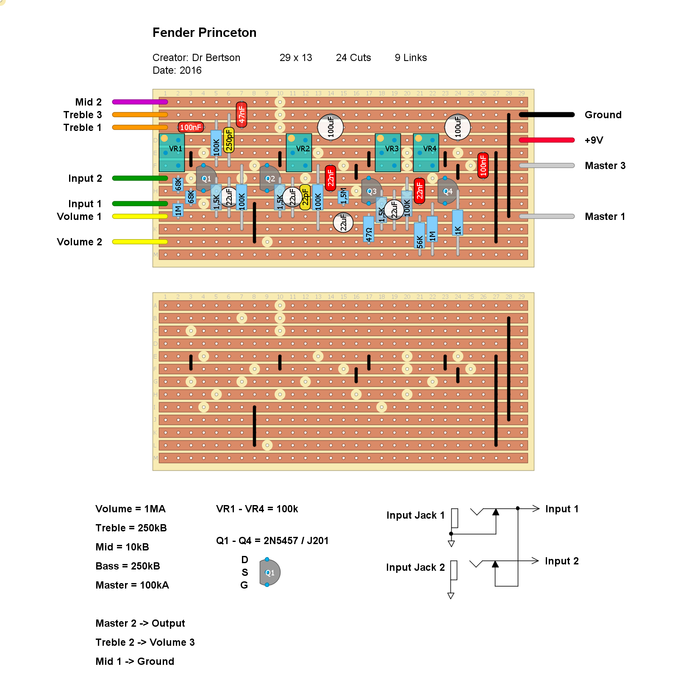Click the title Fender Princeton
pyautogui.click(x=204, y=33)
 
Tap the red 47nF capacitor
pyautogui.click(x=242, y=114)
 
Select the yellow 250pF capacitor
pyautogui.click(x=229, y=140)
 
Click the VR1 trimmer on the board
pyautogui.click(x=172, y=153)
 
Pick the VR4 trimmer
pyautogui.click(x=426, y=153)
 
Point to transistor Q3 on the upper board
pyautogui.click(x=371, y=191)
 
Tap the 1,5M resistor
pyautogui.click(x=343, y=196)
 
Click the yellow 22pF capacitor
pyautogui.click(x=305, y=197)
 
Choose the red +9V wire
pyautogui.click(x=547, y=140)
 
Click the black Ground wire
pyautogui.click(x=547, y=115)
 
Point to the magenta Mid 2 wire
pyautogui.click(x=140, y=102)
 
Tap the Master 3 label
pyautogui.click(x=605, y=166)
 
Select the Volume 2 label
pyautogui.click(x=79, y=242)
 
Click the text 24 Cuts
pyautogui.click(x=353, y=58)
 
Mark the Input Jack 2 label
pyautogui.click(x=415, y=567)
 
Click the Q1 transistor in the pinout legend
pyautogui.click(x=269, y=572)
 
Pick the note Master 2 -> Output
pyautogui.click(x=140, y=623)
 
